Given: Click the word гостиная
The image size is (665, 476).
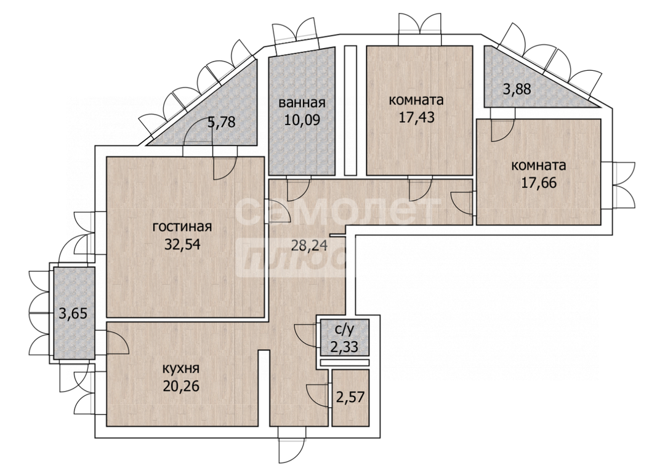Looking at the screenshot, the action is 182,227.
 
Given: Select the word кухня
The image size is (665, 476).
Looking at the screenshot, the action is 180,368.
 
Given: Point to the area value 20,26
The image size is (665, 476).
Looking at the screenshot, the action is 180,386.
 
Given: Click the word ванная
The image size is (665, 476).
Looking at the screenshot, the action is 302,103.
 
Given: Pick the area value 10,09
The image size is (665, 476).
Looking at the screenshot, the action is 302,120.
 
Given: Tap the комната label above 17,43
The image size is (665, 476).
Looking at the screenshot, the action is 416,100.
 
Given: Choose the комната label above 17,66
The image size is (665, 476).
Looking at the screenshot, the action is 539,165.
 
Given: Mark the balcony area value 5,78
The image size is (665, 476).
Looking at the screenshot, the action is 221,123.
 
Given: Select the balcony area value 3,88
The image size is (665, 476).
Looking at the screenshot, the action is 517,89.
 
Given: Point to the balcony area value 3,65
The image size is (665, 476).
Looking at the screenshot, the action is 73,314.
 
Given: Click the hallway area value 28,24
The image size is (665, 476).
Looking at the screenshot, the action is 309,245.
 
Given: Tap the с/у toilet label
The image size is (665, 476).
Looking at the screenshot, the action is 344,329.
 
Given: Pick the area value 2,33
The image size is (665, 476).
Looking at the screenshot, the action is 344,347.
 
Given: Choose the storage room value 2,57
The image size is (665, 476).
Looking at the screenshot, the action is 350,398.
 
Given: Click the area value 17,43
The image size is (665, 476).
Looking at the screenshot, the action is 416,118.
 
